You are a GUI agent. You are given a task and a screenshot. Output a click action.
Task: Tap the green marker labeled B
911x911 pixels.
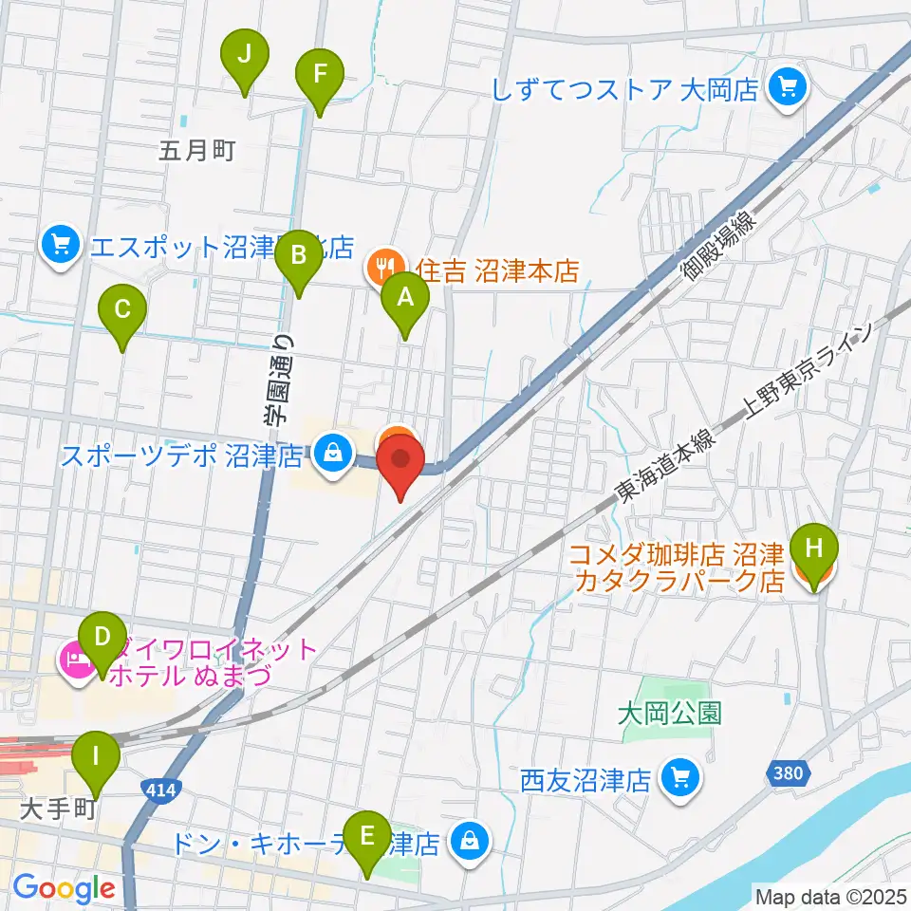(x=298, y=256)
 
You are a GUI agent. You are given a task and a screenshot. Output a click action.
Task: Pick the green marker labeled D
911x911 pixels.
(x=102, y=640)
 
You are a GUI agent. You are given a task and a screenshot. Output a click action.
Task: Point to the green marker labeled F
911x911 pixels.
(x=320, y=75)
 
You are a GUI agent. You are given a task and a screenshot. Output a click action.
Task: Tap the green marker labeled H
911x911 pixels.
(x=815, y=550)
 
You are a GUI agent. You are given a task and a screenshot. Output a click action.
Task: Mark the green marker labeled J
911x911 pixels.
(x=245, y=55)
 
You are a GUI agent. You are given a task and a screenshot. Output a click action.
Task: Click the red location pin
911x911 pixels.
(x=400, y=462)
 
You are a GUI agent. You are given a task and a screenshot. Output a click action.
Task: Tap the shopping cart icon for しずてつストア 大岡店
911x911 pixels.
(x=787, y=88)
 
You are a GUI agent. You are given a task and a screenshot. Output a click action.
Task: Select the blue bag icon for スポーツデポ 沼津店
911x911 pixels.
(x=331, y=453)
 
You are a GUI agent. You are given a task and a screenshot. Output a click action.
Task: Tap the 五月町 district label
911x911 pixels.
(x=196, y=150)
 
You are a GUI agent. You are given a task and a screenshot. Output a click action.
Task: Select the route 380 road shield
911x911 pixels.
(x=788, y=774)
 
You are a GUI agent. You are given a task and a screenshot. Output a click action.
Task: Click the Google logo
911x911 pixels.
(x=65, y=888)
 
